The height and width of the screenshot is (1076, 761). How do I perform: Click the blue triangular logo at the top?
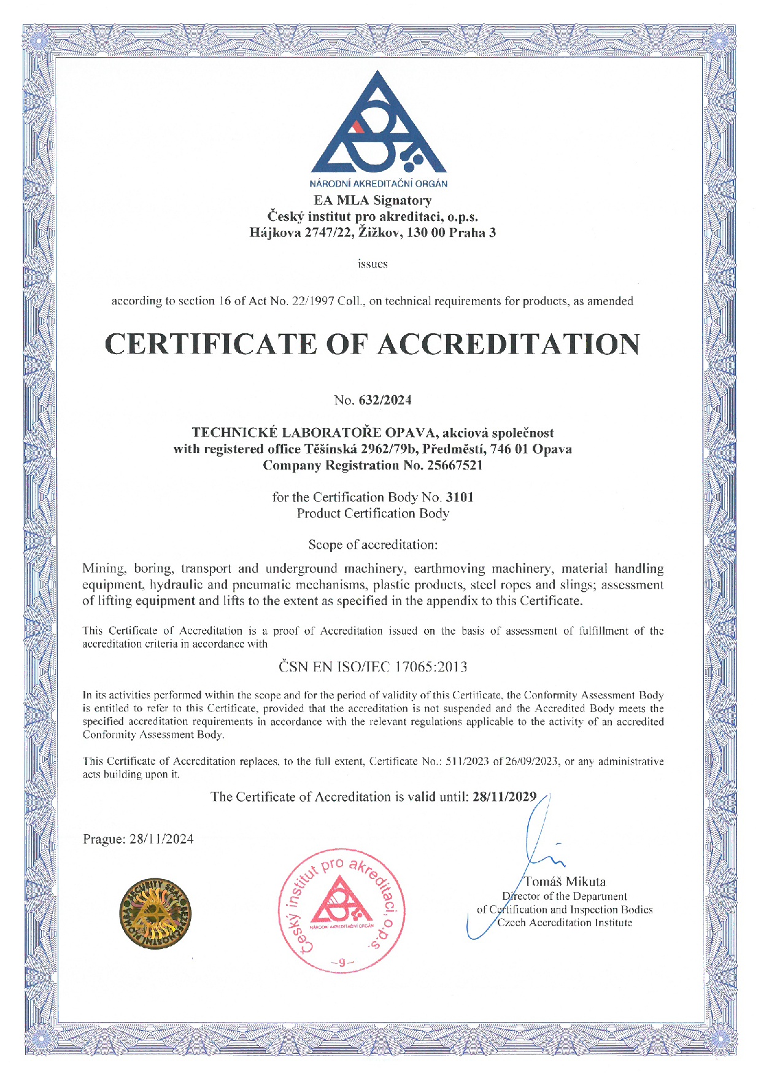pyautogui.click(x=378, y=126)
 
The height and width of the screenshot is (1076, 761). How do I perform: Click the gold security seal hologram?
pyautogui.click(x=155, y=913)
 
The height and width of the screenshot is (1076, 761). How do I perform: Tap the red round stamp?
pyautogui.click(x=342, y=911)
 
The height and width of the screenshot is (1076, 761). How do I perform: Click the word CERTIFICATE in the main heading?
pyautogui.click(x=211, y=344)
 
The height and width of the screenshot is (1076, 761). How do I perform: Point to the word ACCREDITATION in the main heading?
pyautogui.click(x=508, y=344)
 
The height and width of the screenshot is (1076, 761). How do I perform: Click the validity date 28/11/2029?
pyautogui.click(x=504, y=797)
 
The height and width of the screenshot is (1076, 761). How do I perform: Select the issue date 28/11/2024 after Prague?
pyautogui.click(x=161, y=839)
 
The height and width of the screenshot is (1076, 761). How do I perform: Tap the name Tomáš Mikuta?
pyautogui.click(x=565, y=881)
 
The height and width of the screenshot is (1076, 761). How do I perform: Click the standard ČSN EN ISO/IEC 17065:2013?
pyautogui.click(x=373, y=667)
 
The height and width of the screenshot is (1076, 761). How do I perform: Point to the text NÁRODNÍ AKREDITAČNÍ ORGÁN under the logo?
pyautogui.click(x=378, y=184)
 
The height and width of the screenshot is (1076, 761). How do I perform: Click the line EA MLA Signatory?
pyautogui.click(x=373, y=200)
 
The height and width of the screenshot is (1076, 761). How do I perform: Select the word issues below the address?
pyautogui.click(x=373, y=264)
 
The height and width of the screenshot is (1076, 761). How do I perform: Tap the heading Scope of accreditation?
pyautogui.click(x=373, y=544)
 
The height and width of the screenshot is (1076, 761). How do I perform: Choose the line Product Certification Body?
pyautogui.click(x=373, y=513)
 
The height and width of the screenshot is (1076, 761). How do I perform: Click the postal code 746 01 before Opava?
pyautogui.click(x=509, y=449)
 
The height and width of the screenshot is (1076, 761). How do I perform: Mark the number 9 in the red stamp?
pyautogui.click(x=342, y=962)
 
